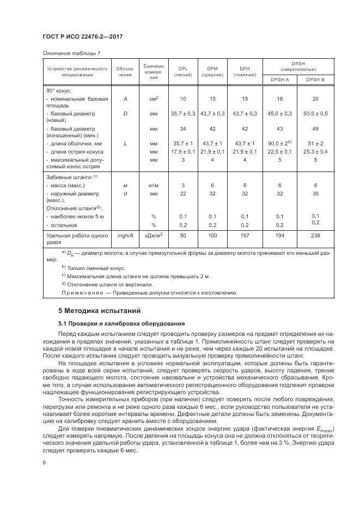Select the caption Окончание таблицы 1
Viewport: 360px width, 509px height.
[70, 53]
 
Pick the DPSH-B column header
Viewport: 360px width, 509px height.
[315, 79]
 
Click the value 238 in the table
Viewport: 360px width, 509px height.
[315, 235]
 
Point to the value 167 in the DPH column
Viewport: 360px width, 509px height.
[245, 235]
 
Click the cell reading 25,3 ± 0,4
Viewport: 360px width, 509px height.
[315, 151]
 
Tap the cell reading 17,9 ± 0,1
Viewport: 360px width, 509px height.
[182, 151]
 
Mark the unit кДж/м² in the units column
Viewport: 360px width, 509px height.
[154, 235]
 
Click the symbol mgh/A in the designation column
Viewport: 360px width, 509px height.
[125, 235]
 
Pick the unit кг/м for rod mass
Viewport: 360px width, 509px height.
[154, 186]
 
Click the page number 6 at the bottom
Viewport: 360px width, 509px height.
[43, 462]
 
